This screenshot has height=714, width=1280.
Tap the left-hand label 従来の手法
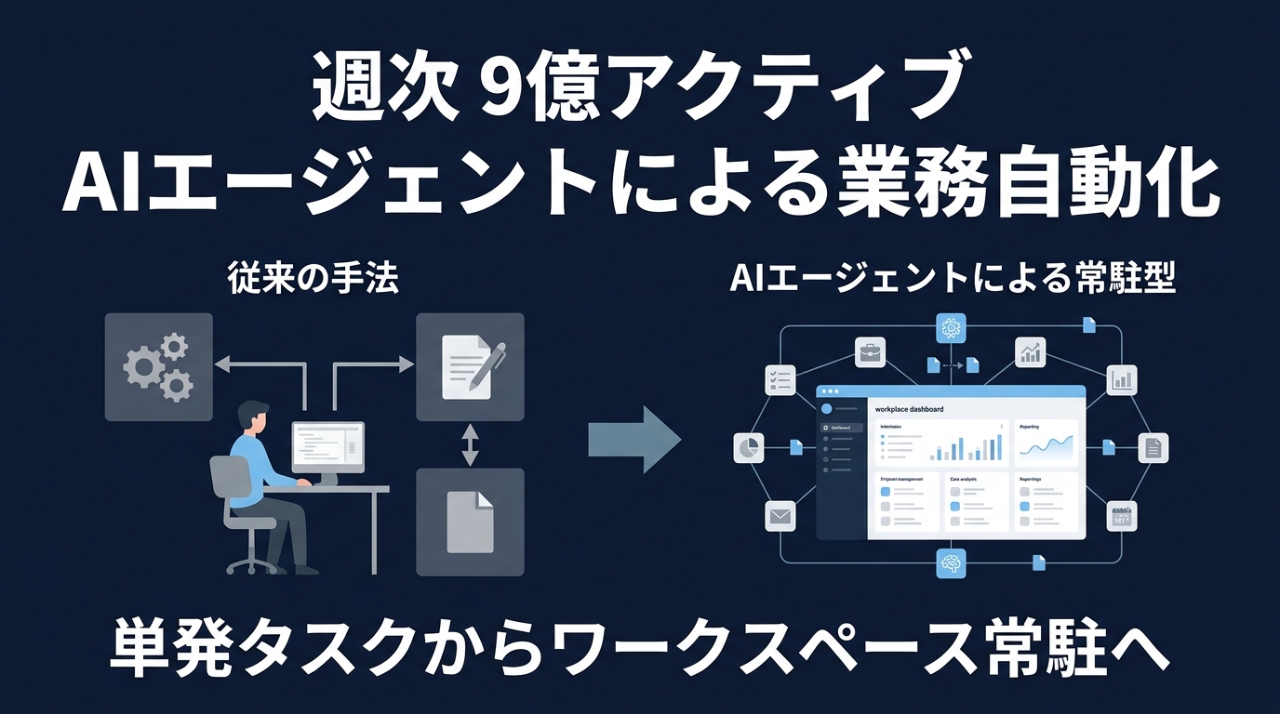pyautogui.click(x=313, y=279)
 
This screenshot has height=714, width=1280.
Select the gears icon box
pyautogui.click(x=158, y=366)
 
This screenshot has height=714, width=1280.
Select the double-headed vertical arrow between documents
pyautogui.click(x=470, y=445)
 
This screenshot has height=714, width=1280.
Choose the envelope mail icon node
pyautogui.click(x=779, y=515)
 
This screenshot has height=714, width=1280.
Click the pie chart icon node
pyautogui.click(x=748, y=447)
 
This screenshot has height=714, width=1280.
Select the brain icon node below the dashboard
pyautogui.click(x=950, y=562)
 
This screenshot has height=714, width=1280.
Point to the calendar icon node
pyautogui.click(x=1121, y=516)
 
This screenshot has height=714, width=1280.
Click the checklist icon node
pyautogui.click(x=778, y=379)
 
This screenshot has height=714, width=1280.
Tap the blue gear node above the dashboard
pyautogui.click(x=950, y=327)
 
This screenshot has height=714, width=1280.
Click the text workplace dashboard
pyautogui.click(x=910, y=409)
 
